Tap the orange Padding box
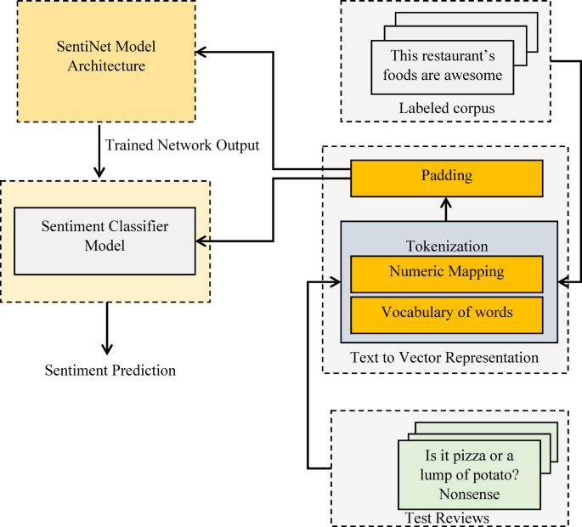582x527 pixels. pos(446,178)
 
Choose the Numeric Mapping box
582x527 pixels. pos(446,273)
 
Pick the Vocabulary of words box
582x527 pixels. pos(446,312)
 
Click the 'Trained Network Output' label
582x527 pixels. pos(182,144)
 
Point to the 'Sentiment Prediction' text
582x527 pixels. pos(110,370)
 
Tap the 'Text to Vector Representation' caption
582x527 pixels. pos(444,358)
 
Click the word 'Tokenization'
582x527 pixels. pos(447,246)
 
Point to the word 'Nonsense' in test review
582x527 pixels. pos(469,493)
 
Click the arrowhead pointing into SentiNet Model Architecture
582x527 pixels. pos(203,52)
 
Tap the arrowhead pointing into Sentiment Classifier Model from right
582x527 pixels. pos(203,241)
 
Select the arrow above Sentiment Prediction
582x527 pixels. pos(106,332)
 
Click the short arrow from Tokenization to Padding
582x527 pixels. pos(447,208)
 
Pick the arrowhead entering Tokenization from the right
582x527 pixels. pos(563,280)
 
